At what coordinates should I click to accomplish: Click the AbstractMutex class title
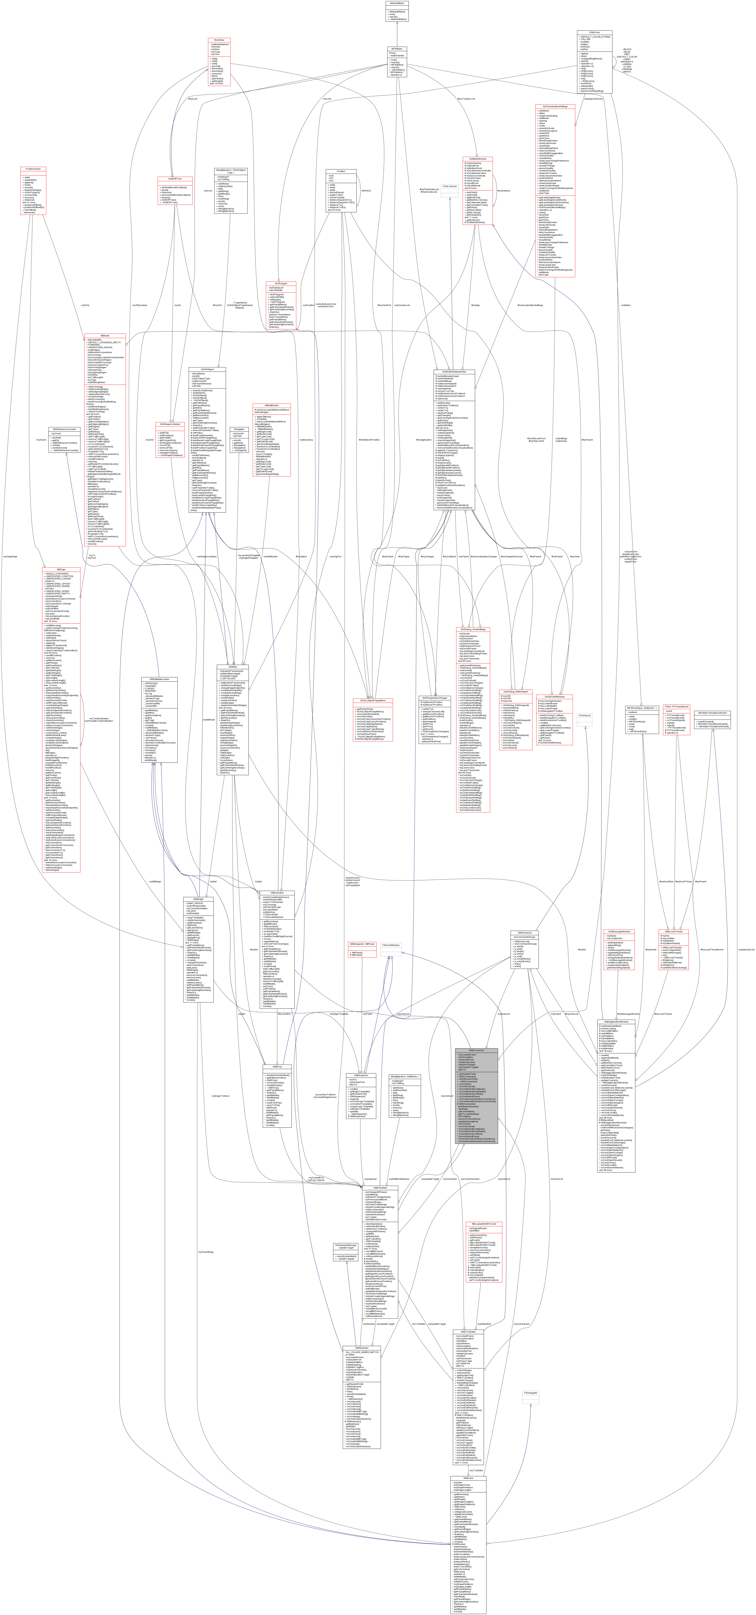397,3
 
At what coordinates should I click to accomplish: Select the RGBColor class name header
594,33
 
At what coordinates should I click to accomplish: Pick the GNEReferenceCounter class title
63,429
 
